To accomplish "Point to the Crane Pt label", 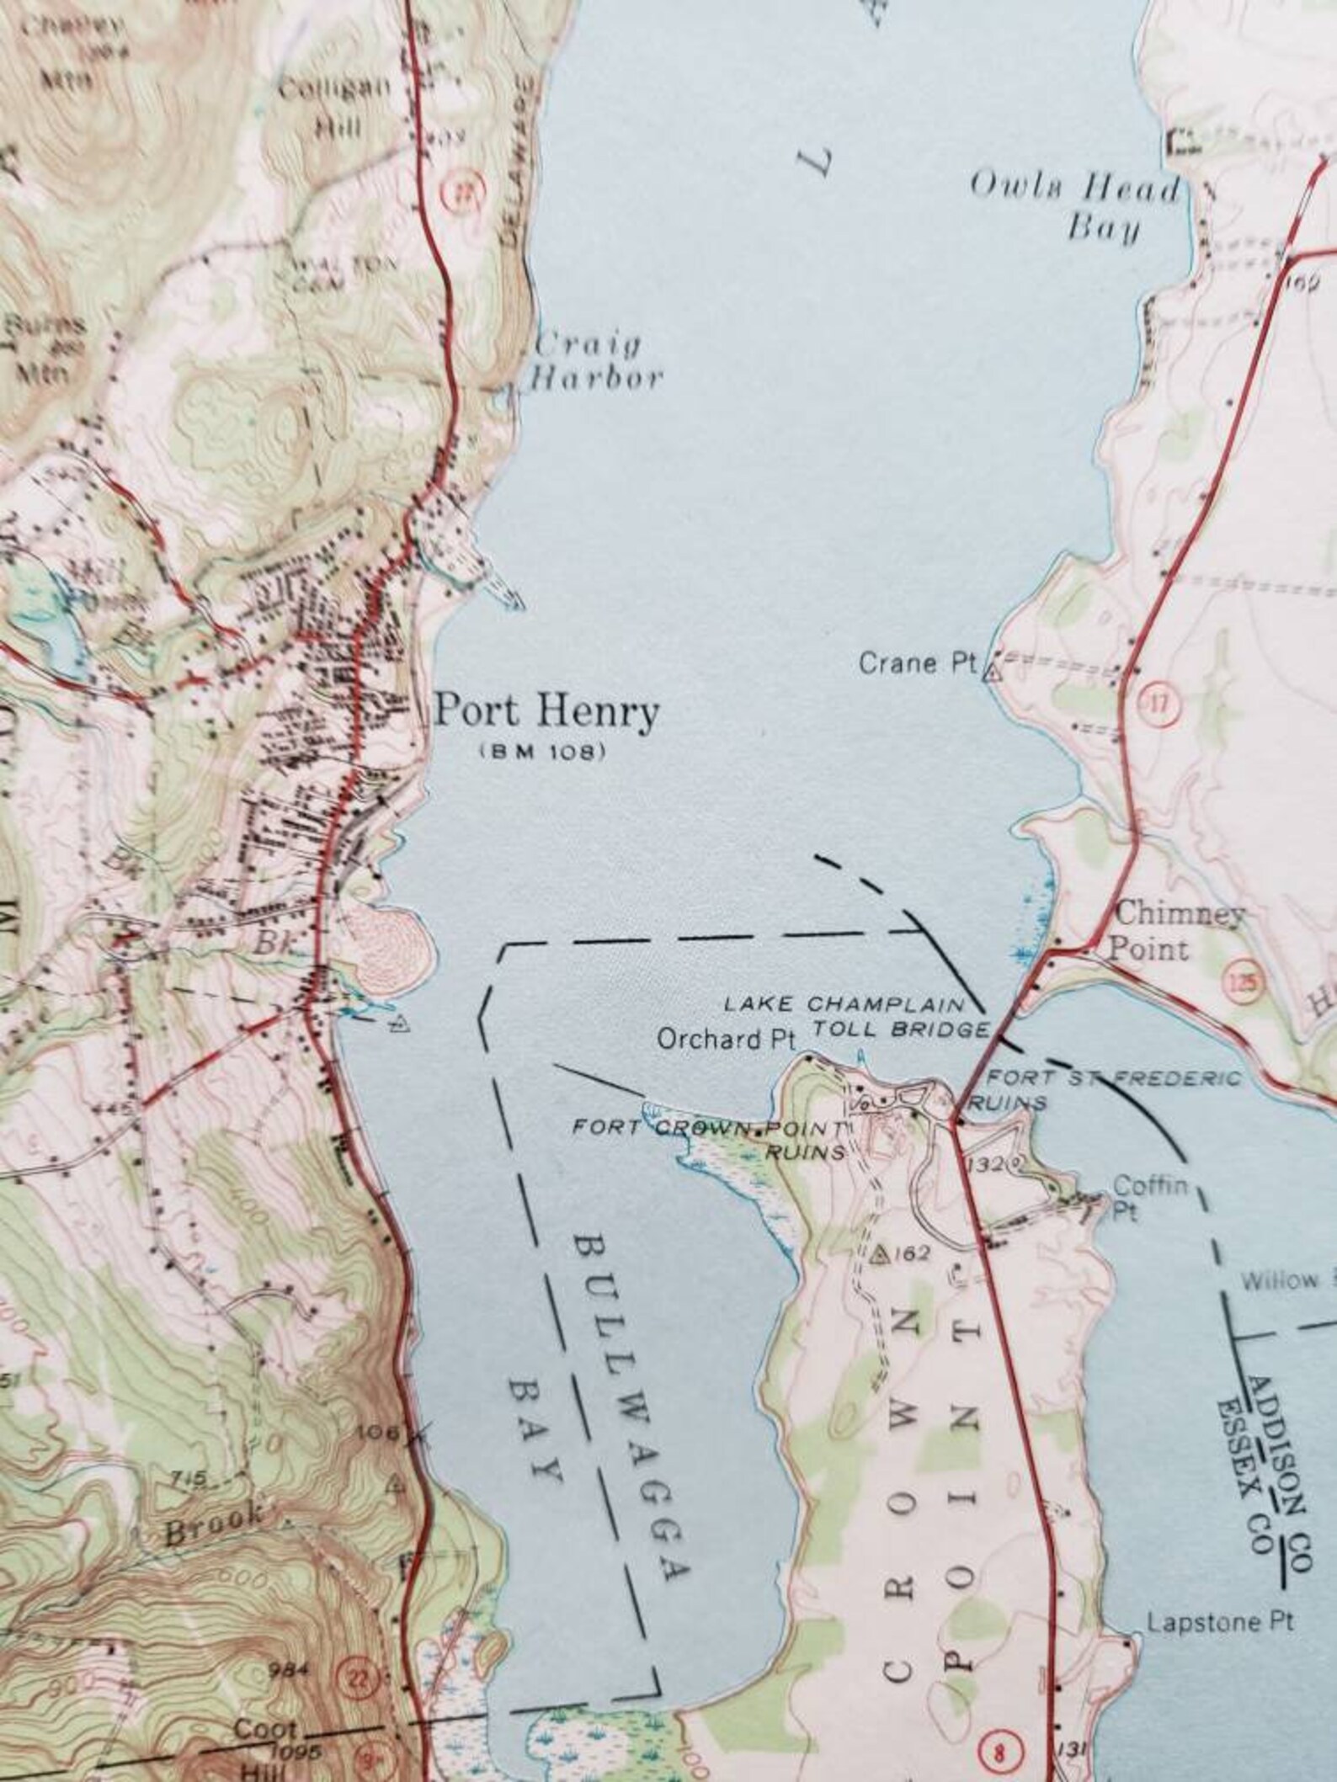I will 916,663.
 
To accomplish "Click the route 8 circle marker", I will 999,1753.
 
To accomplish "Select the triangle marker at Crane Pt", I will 993,672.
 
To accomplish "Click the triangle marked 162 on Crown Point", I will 881,1255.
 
